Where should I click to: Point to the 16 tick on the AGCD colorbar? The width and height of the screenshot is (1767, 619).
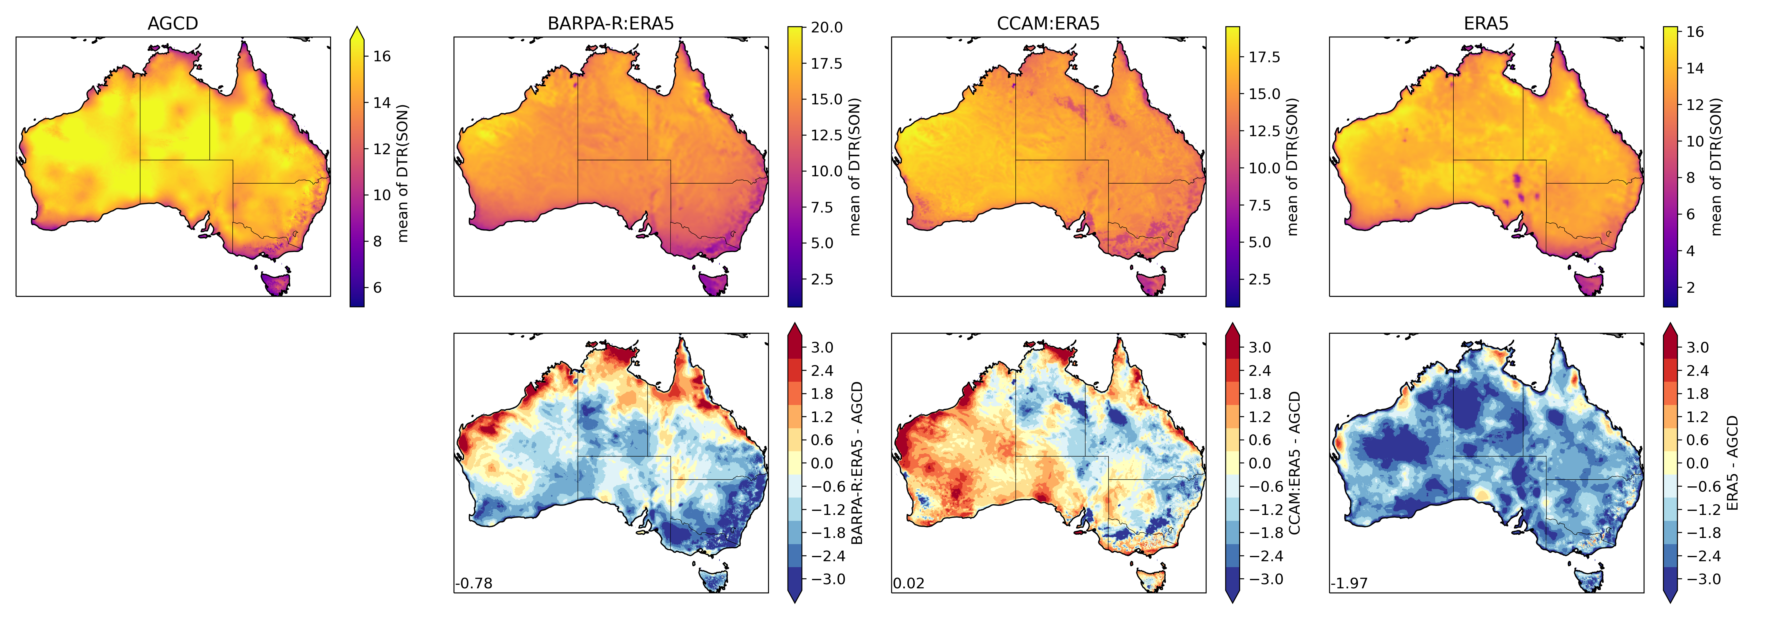click(381, 56)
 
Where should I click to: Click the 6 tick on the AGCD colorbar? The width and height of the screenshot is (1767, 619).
click(377, 287)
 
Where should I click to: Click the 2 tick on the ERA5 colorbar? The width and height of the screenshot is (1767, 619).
click(1690, 287)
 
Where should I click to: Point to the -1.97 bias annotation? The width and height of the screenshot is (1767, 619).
click(1349, 583)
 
